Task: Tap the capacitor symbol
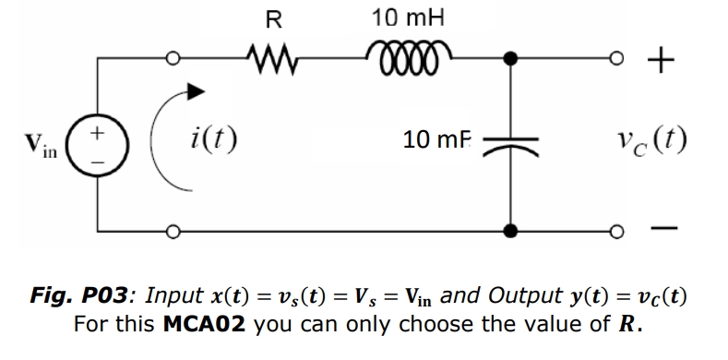tap(509, 141)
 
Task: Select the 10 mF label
tap(439, 140)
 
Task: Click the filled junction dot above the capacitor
tap(509, 61)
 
